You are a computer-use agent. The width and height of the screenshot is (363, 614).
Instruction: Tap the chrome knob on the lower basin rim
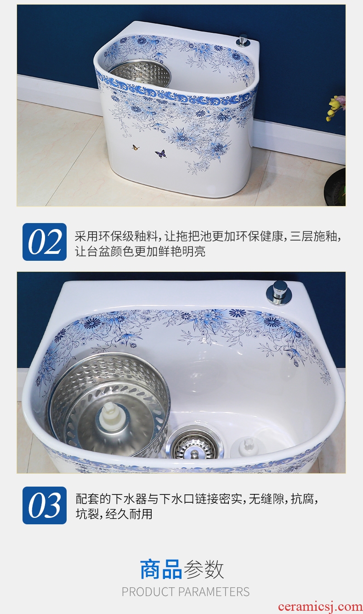(279, 293)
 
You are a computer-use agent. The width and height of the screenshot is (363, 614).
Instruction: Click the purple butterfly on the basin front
(161, 154)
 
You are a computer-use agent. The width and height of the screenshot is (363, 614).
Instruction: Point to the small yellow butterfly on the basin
(136, 148)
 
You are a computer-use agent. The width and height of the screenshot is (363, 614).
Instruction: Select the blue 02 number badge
(45, 242)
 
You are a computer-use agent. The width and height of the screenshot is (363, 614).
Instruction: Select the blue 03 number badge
(45, 505)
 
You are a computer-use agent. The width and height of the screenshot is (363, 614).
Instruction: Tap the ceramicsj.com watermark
(320, 607)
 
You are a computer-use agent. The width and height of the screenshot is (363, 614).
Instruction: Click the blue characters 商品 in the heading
(161, 569)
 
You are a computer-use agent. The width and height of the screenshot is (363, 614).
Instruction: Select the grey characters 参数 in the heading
(204, 569)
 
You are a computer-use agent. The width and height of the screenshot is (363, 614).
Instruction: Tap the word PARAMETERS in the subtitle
(214, 592)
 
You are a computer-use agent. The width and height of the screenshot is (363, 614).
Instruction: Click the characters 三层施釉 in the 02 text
(313, 236)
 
